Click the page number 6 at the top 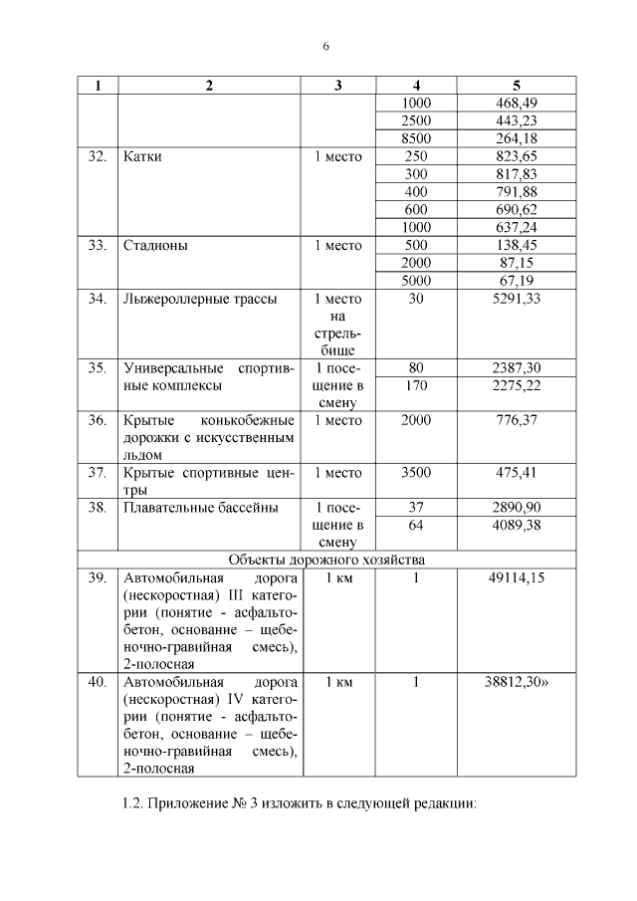[325, 46]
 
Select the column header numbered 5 [516, 86]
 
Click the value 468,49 [516, 103]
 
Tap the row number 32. [97, 157]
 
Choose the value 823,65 [516, 156]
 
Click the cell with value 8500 [416, 138]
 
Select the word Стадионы [155, 245]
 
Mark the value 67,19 [516, 280]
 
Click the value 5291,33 [516, 298]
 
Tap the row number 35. [97, 367]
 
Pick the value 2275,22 [516, 385]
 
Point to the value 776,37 [516, 420]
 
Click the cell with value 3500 [416, 473]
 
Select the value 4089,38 [516, 525]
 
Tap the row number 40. [97, 682]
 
